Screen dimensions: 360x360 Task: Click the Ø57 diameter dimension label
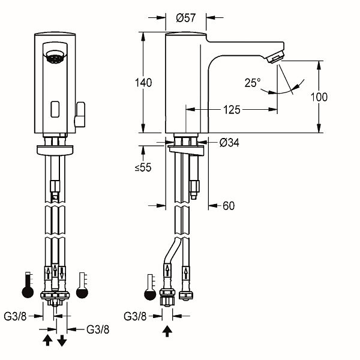[x=187, y=18]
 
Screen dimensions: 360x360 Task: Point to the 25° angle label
[x=253, y=82]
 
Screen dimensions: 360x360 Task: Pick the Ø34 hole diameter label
[x=230, y=143]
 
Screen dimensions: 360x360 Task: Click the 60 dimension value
[x=229, y=206]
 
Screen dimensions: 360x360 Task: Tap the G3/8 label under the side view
[x=135, y=316]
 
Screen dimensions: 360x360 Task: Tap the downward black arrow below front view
[x=62, y=341]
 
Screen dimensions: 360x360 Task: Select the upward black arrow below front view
[x=47, y=341]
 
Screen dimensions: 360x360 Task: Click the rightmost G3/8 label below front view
[x=98, y=329]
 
